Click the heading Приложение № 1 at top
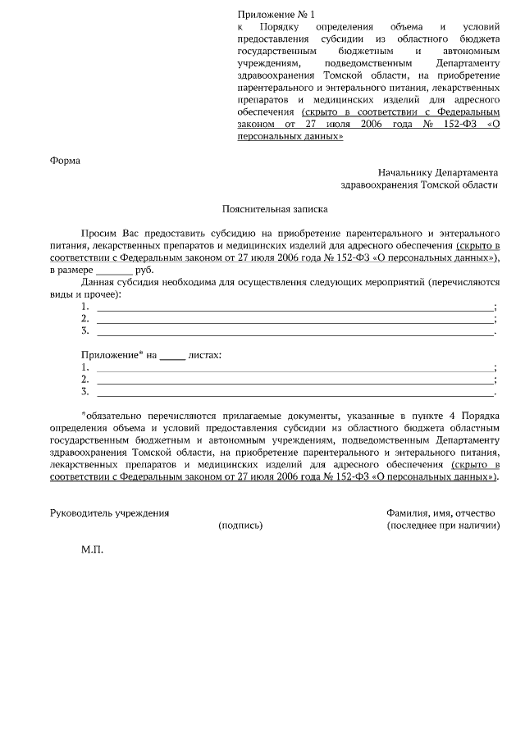tap(276, 15)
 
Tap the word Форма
tap(66, 160)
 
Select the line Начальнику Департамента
tap(437, 173)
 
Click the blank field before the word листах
tap(171, 355)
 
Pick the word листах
tap(204, 355)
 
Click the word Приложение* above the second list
tap(112, 355)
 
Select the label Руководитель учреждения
tap(109, 512)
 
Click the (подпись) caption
tap(240, 525)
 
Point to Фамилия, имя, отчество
tap(441, 512)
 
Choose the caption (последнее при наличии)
tap(444, 525)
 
